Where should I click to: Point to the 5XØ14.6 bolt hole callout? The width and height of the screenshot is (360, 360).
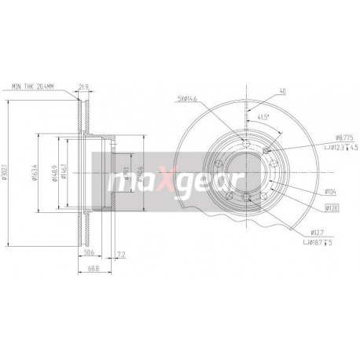tap(190, 97)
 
